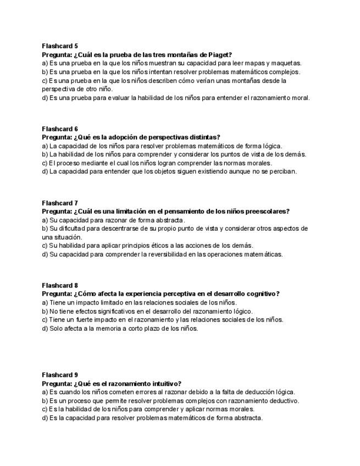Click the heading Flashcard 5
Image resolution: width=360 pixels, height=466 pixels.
point(60,46)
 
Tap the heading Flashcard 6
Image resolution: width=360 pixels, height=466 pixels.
point(60,129)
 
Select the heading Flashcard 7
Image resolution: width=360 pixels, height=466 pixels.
point(60,203)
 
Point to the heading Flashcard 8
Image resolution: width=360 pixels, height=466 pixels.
point(60,285)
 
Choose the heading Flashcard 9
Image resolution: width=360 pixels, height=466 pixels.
point(60,375)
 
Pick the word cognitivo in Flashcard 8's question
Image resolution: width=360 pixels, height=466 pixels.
point(261,294)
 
